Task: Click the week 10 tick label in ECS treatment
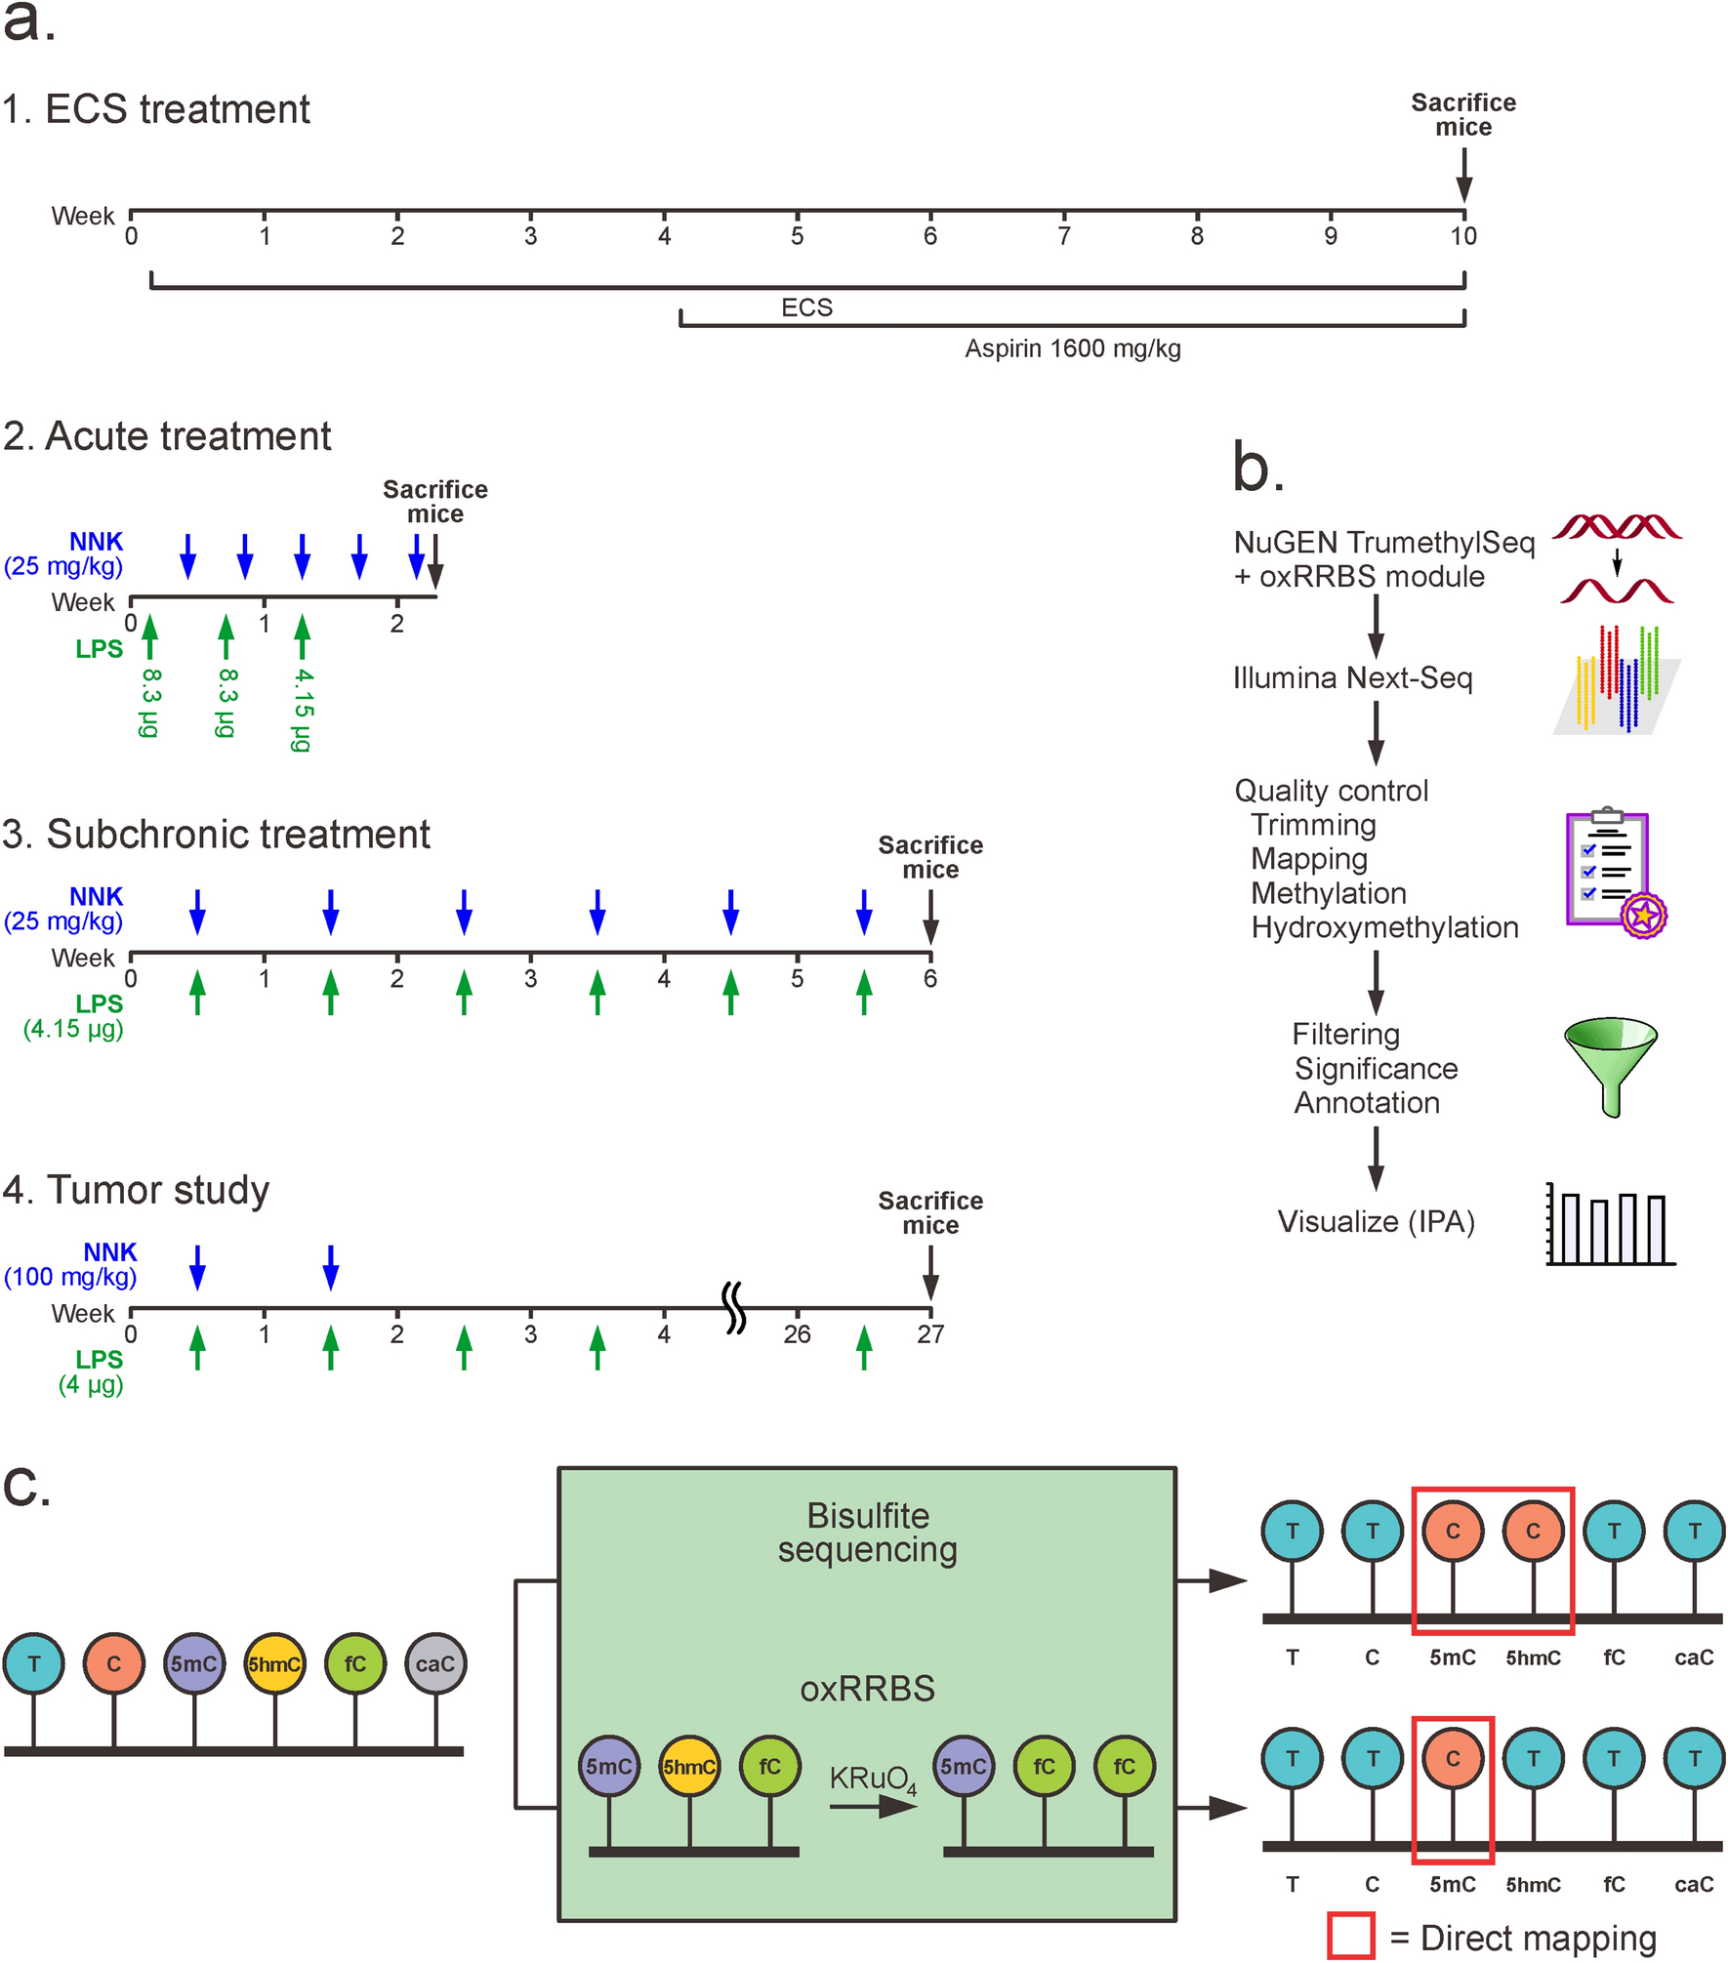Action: pyautogui.click(x=1462, y=236)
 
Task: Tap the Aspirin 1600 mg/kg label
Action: pyautogui.click(x=1072, y=348)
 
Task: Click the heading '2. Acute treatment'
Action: pyautogui.click(x=167, y=435)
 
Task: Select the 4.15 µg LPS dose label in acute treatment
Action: pyautogui.click(x=303, y=709)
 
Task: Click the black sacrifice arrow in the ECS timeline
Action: pyautogui.click(x=1463, y=176)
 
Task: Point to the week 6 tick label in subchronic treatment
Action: pyautogui.click(x=929, y=978)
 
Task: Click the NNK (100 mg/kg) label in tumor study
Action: pyautogui.click(x=70, y=1264)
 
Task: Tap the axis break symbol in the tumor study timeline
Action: pyautogui.click(x=734, y=1307)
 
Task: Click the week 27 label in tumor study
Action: pyautogui.click(x=929, y=1334)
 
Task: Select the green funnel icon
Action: pyautogui.click(x=1610, y=1064)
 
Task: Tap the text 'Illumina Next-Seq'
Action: pyautogui.click(x=1352, y=677)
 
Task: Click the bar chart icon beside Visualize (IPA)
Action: pyautogui.click(x=1610, y=1226)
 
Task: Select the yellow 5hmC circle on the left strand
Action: pyautogui.click(x=274, y=1663)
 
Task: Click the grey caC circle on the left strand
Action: pyautogui.click(x=435, y=1663)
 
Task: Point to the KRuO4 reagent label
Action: pyautogui.click(x=872, y=1779)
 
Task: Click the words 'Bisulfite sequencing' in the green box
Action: pyautogui.click(x=867, y=1532)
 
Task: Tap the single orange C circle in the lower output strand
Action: pyautogui.click(x=1452, y=1758)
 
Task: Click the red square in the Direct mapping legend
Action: pyautogui.click(x=1350, y=1937)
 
